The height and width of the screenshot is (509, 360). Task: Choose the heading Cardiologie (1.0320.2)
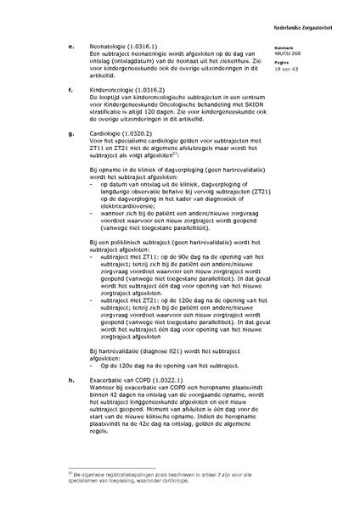(x=121, y=133)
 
